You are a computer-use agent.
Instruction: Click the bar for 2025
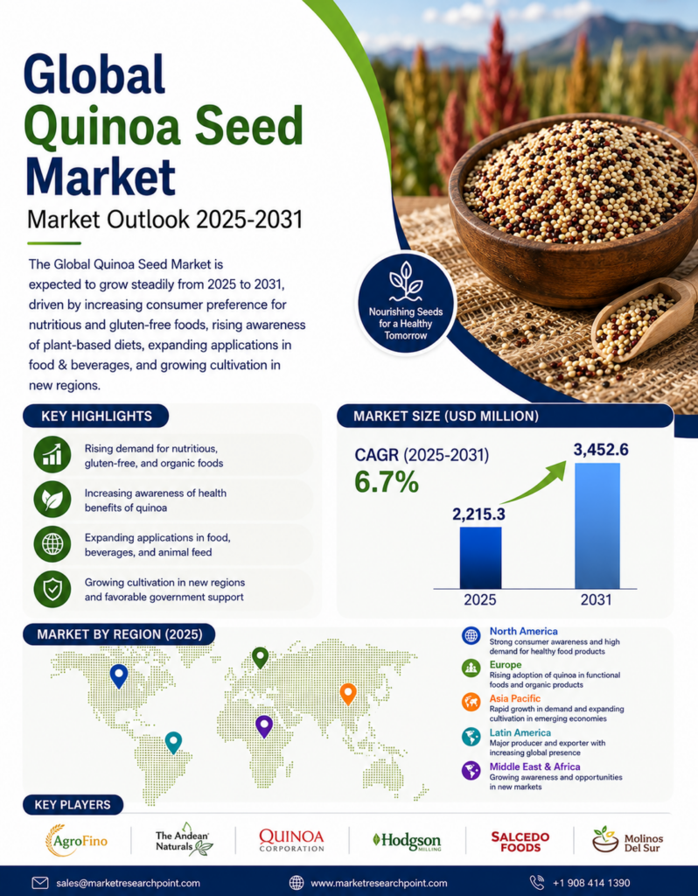pos(480,557)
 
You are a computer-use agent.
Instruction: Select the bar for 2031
pos(597,526)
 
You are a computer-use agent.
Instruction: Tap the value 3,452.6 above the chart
pos(601,450)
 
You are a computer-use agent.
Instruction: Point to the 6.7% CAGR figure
pos(387,482)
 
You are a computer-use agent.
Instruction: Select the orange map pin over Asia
pos(348,694)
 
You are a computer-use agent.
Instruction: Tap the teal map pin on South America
pos(173,743)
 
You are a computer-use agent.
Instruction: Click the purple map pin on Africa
pos(264,726)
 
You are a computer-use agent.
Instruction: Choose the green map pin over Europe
pos(261,658)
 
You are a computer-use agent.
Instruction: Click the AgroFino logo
pos(76,841)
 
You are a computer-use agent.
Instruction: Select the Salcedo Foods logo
pos(520,842)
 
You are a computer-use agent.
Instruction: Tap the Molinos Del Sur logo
pos(627,841)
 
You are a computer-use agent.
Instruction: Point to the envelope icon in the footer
pos(40,883)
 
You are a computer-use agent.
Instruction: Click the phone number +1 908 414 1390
pos(591,883)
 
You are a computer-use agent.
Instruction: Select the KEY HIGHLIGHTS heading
pos(96,416)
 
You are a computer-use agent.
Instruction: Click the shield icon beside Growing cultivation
pos(52,589)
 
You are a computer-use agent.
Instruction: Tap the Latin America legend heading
pos(520,732)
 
